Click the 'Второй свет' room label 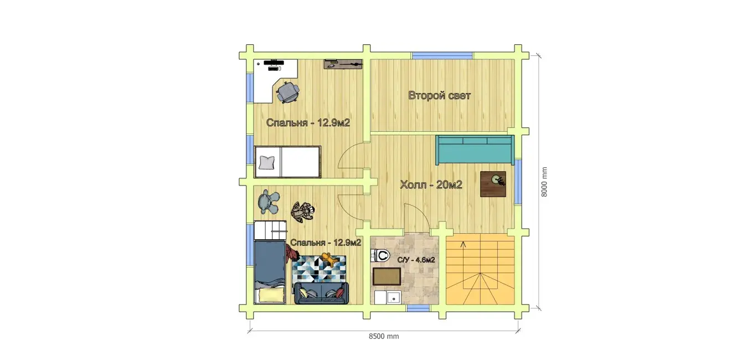point(439,96)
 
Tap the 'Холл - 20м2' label point(431,185)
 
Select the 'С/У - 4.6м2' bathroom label point(416,260)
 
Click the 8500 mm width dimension point(384,336)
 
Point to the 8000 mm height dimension point(544,182)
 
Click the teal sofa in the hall point(475,150)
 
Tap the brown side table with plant point(493,184)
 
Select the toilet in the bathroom point(380,255)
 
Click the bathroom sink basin point(393,298)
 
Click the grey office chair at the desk point(287,92)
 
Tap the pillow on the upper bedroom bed point(266,163)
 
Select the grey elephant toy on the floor point(269,202)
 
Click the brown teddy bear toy point(302,212)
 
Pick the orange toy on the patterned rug point(330,259)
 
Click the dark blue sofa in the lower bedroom point(321,293)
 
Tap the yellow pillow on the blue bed point(271,295)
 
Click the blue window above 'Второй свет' point(442,55)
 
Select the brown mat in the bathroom point(387,276)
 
